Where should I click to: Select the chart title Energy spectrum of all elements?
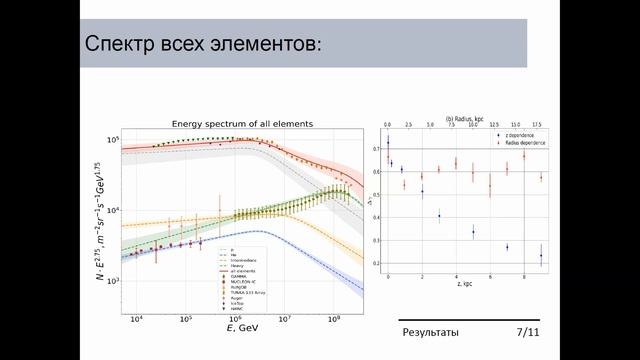tap(242, 123)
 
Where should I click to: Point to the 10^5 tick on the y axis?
tap(113, 140)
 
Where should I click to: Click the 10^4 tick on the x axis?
tap(137, 320)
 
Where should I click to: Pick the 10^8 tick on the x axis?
tap(335, 320)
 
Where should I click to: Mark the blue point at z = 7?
tap(507, 247)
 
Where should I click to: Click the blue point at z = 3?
tap(439, 215)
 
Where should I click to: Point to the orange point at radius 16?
tap(524, 155)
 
